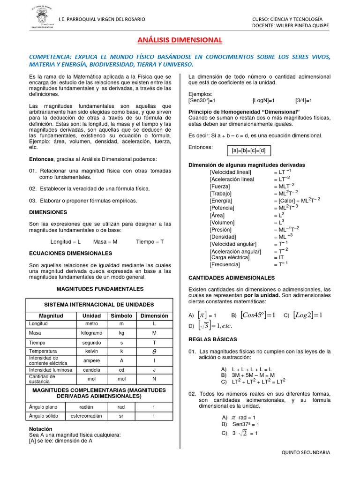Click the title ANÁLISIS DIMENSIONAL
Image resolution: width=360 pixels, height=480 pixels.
click(180, 40)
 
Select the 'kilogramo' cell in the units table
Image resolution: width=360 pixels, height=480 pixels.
click(91, 333)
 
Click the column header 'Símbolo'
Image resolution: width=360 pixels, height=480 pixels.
click(121, 316)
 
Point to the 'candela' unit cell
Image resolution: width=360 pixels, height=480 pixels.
click(91, 370)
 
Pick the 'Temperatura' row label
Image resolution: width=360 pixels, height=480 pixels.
click(43, 351)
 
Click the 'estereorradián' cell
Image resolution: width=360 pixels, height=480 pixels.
click(91, 416)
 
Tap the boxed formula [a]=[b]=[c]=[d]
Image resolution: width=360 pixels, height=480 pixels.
click(248, 150)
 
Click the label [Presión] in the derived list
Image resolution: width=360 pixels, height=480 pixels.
click(221, 230)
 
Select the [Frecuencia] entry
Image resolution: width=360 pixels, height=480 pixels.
click(225, 264)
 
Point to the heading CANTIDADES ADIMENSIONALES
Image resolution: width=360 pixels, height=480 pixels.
click(231, 278)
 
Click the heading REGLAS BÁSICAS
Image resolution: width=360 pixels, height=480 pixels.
click(212, 339)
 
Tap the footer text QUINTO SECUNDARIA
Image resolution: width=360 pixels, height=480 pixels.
click(306, 453)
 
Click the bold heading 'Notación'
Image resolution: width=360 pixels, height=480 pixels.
click(41, 429)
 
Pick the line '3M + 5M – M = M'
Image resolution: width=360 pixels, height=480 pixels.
click(248, 375)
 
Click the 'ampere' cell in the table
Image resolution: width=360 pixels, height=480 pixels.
click(91, 360)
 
